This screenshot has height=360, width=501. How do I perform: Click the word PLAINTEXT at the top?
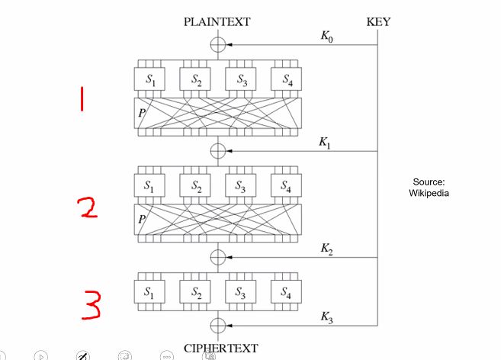pos(217,22)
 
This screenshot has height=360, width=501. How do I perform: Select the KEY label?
pos(378,22)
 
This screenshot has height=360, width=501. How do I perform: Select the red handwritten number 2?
pos(90,207)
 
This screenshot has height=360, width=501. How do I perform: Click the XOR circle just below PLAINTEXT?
pos(218,45)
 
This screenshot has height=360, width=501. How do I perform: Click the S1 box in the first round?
pos(150,79)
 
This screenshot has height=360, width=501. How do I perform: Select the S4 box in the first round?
pos(286,79)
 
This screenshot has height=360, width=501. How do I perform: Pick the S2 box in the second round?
pos(196,185)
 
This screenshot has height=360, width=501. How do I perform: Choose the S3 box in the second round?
pos(241,185)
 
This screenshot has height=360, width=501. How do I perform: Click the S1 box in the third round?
pos(150,291)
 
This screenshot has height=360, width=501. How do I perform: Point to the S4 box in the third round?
pos(286,291)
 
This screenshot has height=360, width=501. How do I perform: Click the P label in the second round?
pos(141,219)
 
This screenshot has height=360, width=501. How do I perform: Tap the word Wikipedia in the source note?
pos(429,193)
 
